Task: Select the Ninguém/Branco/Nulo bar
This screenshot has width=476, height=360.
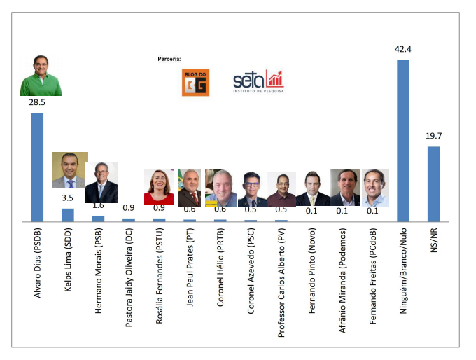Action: click(x=403, y=140)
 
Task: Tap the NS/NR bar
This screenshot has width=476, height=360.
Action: click(x=433, y=184)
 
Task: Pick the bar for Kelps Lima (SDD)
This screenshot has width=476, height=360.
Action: click(x=68, y=214)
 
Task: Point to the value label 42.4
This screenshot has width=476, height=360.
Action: click(x=403, y=50)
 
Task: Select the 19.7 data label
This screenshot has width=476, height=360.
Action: click(x=433, y=137)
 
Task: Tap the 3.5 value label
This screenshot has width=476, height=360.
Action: click(x=68, y=198)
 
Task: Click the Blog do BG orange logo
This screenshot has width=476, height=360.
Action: click(x=194, y=82)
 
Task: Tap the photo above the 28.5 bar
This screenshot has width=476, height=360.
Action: click(x=41, y=75)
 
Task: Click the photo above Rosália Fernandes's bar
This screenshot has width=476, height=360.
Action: click(x=159, y=187)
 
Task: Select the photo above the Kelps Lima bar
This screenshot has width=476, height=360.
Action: click(x=70, y=170)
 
